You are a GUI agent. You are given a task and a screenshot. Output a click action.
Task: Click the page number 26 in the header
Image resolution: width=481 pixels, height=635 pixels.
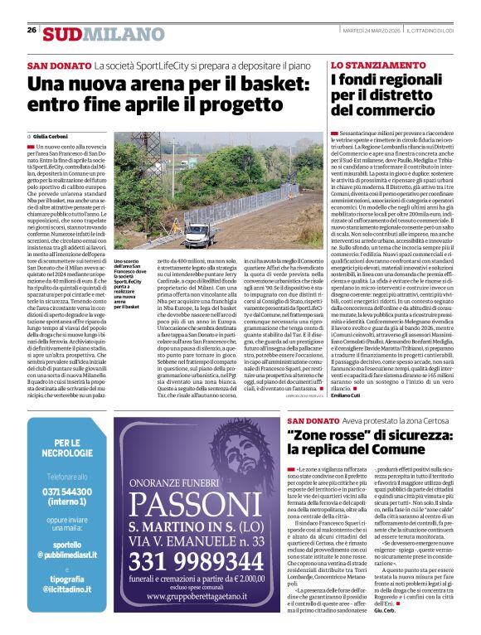tap(32, 30)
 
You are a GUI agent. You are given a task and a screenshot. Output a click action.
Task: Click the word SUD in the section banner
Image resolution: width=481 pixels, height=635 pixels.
tap(63, 34)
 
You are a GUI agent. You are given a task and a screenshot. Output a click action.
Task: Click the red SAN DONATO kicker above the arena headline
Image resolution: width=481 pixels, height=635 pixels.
tap(58, 65)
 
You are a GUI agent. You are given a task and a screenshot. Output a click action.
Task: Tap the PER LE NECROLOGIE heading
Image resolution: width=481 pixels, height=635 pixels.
tap(67, 448)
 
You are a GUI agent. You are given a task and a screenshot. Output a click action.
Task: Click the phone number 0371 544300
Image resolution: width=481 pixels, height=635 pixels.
tap(67, 491)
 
